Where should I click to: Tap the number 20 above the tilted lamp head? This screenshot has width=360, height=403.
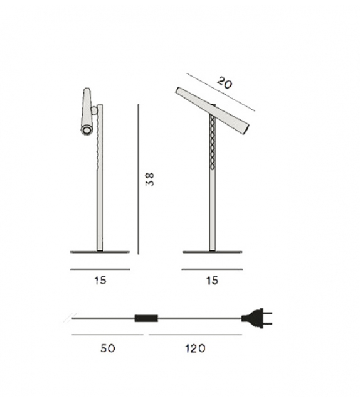[x=225, y=82]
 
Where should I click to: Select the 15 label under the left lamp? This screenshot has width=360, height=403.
[x=100, y=281]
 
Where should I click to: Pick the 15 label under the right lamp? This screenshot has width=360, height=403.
[x=212, y=281]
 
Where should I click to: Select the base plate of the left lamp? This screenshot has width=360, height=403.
[x=100, y=252]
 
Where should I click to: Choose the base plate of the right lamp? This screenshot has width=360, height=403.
[x=212, y=252]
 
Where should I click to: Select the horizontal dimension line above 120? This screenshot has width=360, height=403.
[x=194, y=335]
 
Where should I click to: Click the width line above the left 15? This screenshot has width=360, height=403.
[x=100, y=269]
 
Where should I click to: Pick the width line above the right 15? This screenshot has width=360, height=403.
[x=212, y=269]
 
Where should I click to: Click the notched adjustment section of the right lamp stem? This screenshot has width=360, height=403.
[x=213, y=144]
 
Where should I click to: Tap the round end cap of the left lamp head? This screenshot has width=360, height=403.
[x=85, y=130]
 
